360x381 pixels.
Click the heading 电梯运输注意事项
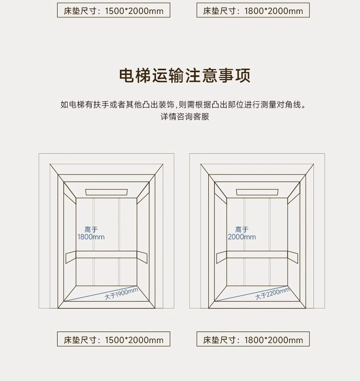[x=185, y=76]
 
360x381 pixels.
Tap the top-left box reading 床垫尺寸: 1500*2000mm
[x=114, y=11]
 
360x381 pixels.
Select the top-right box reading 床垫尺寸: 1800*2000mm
[x=253, y=11]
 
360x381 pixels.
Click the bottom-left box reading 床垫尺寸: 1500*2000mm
[x=114, y=340]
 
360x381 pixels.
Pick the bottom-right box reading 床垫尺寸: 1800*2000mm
[x=253, y=340]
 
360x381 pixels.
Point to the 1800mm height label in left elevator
[x=91, y=237]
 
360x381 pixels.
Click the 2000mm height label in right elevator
[x=242, y=237]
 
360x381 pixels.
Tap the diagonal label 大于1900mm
[x=121, y=294]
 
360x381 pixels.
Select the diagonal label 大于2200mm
[x=272, y=293]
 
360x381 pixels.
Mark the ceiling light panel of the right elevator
[x=257, y=192]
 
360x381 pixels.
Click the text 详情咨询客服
[x=185, y=117]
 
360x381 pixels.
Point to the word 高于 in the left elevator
[x=91, y=230]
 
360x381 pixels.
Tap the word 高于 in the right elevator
[x=242, y=230]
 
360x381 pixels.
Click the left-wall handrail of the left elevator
[x=71, y=257]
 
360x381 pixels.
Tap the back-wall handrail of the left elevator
[x=107, y=255]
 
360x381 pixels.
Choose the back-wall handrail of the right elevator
[x=257, y=255]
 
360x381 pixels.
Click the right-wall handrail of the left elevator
[x=142, y=257]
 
